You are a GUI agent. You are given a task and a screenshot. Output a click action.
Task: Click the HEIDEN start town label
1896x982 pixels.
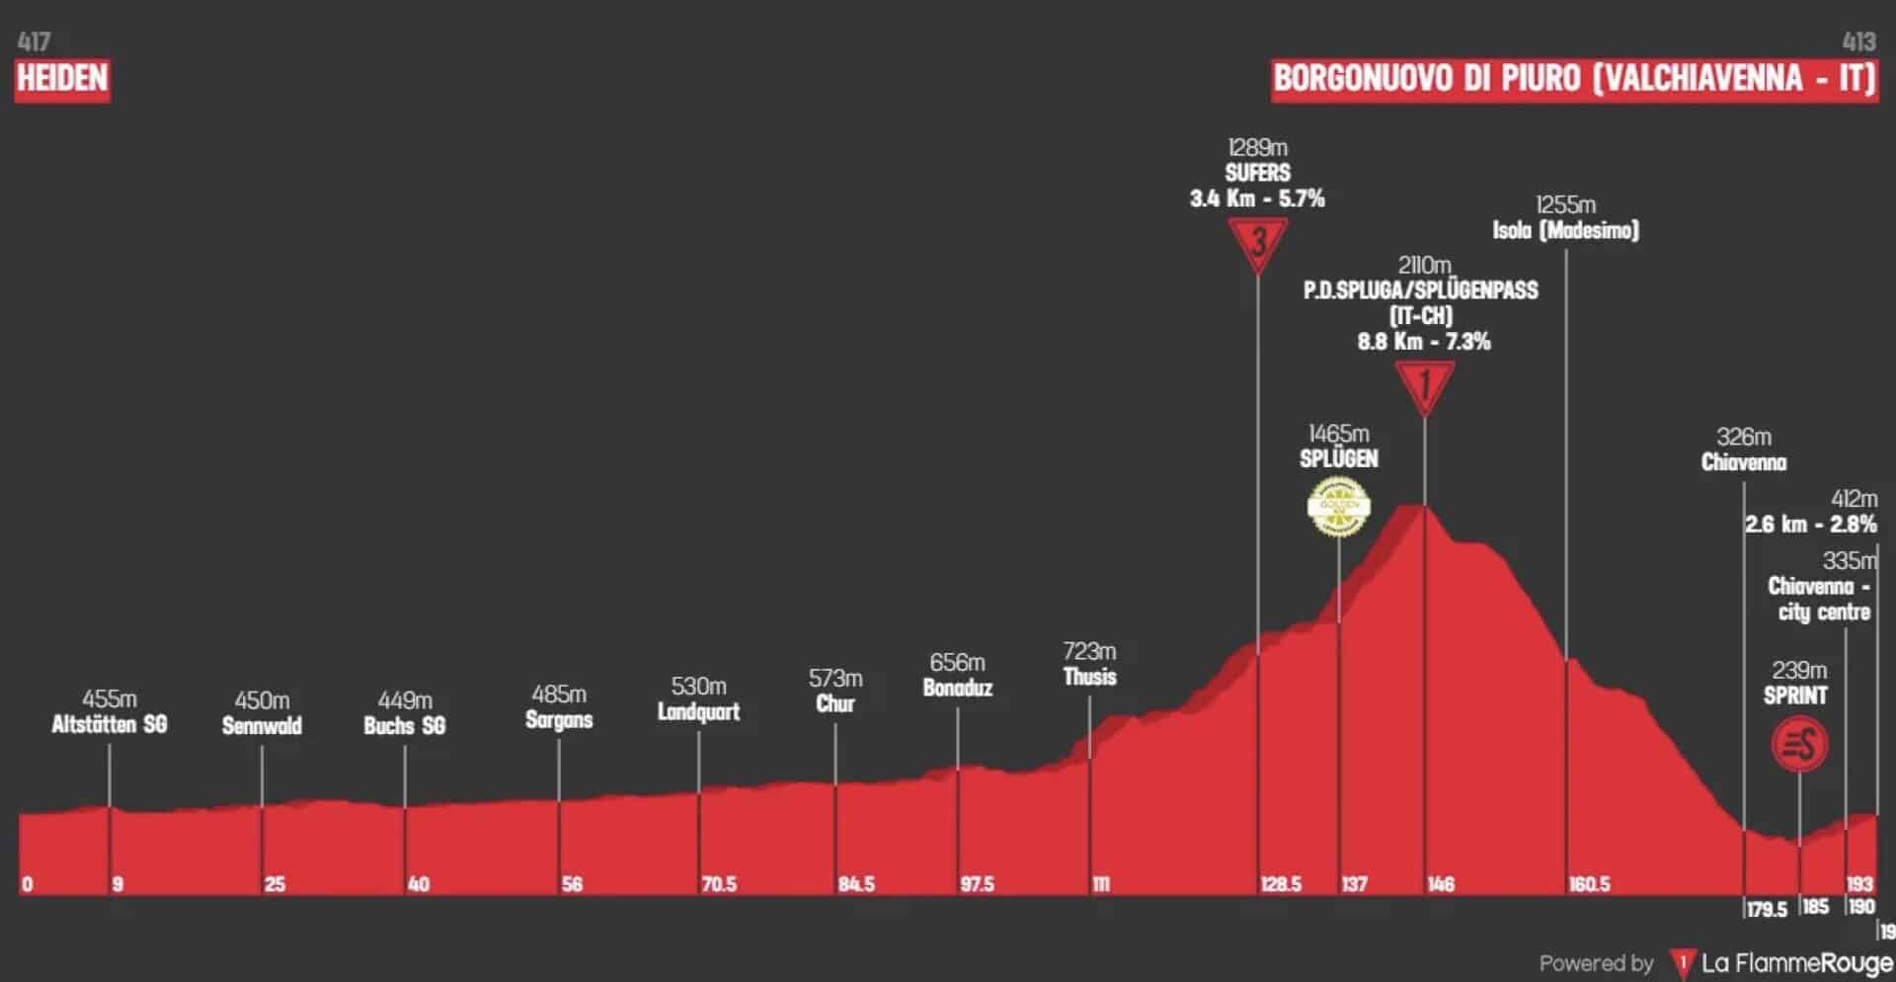point(62,78)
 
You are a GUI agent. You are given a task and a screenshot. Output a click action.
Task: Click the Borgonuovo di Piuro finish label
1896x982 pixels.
point(1574,79)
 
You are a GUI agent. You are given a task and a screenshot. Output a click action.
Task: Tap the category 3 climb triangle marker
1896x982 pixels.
point(1257,242)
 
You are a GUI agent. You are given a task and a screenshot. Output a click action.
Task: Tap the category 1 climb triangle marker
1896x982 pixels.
point(1424,385)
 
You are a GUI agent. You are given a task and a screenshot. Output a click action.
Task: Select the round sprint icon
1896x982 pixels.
point(1799,745)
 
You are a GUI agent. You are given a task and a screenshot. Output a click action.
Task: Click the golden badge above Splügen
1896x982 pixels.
point(1338,507)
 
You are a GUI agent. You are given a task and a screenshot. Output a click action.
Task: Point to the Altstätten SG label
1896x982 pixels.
point(109,724)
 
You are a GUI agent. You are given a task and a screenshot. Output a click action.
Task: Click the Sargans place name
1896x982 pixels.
point(559,719)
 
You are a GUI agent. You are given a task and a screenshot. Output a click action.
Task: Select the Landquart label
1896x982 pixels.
point(698,711)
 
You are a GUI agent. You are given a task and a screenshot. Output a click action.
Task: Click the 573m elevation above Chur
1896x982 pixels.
point(835,679)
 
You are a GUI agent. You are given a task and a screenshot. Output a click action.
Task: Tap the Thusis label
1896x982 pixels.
point(1089,677)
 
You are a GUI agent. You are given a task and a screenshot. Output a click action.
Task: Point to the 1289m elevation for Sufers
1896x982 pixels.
point(1257,148)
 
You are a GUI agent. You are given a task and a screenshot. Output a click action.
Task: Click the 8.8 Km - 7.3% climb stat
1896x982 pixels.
point(1423,342)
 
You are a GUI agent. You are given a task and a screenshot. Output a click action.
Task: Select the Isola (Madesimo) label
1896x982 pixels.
point(1565,230)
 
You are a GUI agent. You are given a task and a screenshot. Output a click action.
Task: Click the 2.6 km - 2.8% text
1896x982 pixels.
point(1810,525)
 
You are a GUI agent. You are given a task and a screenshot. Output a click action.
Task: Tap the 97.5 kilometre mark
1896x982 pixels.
point(977,884)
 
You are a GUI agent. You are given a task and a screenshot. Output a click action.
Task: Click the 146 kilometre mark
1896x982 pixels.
point(1440,884)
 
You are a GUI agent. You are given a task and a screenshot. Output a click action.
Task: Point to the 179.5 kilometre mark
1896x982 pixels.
point(1766,909)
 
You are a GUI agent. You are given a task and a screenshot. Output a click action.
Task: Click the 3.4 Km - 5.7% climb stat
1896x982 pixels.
point(1257,199)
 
